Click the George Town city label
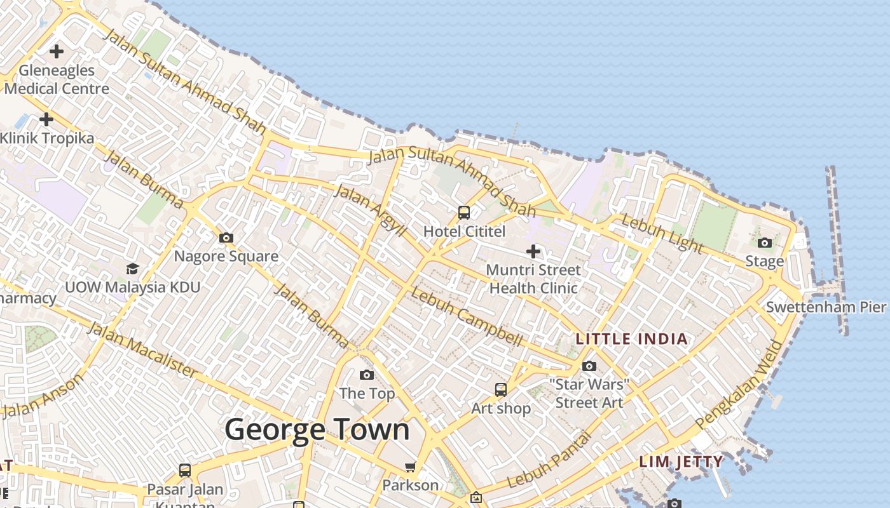pos(317,430)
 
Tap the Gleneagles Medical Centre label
pos(57,79)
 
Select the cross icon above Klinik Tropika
pos(46,119)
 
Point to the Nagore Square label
pos(226,257)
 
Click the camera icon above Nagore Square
pos(226,238)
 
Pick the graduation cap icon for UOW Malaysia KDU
pos(132,269)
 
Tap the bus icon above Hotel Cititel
pos(464,213)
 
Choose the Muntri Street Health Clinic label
pos(533,279)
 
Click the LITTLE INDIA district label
pos(631,339)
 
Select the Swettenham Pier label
pos(825,307)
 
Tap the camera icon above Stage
pos(765,243)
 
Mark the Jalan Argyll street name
pos(369,210)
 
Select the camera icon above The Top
pos(367,375)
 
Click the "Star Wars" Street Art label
pos(589,393)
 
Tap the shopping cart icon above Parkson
pos(410,467)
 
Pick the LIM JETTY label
pos(681,462)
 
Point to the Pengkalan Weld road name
pos(741,384)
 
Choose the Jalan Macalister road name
pos(141,349)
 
